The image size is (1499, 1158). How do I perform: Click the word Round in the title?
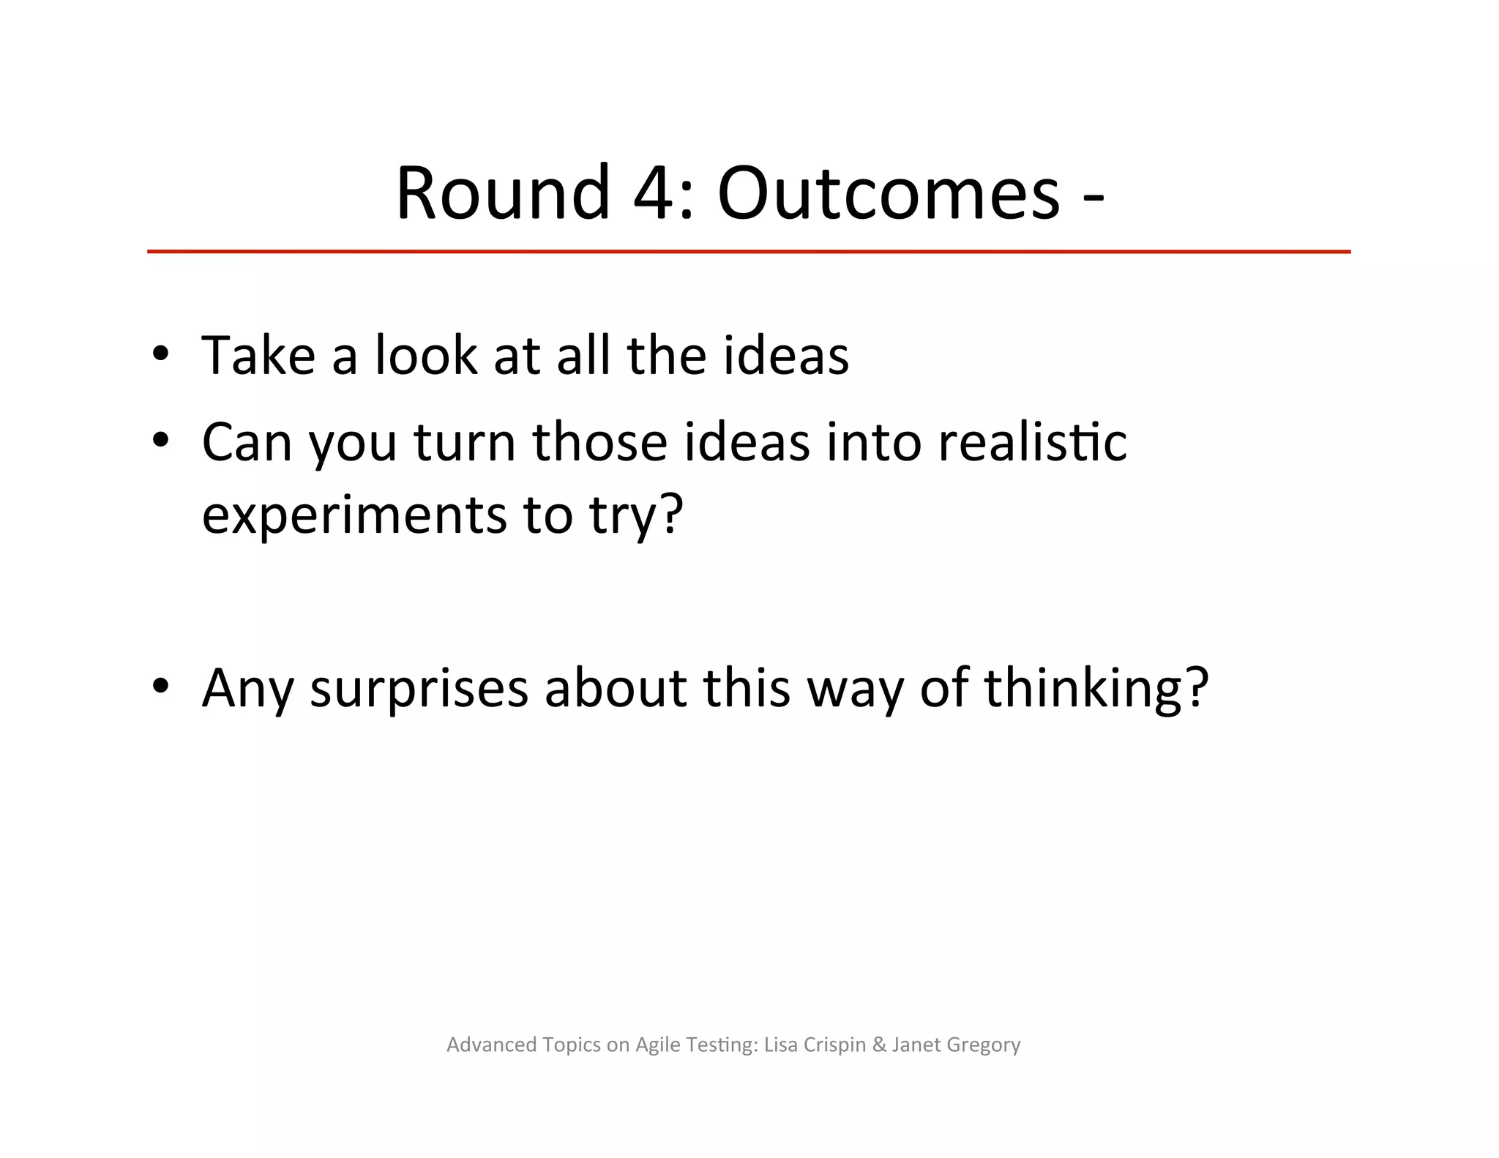[503, 193]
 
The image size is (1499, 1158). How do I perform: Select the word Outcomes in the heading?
[888, 193]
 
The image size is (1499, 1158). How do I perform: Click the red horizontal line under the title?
[748, 252]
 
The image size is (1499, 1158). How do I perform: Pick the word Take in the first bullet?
[258, 356]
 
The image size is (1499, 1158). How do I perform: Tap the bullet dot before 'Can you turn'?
[161, 441]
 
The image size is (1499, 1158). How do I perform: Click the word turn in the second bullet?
[466, 443]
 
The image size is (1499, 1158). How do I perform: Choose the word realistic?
[1032, 443]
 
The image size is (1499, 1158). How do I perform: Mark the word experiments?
[354, 515]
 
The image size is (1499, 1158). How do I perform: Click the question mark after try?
[670, 514]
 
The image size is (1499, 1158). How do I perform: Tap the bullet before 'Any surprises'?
[161, 687]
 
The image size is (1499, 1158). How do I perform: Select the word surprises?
[419, 690]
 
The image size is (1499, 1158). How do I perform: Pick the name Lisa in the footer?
[780, 1045]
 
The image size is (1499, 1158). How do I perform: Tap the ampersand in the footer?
[879, 1045]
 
